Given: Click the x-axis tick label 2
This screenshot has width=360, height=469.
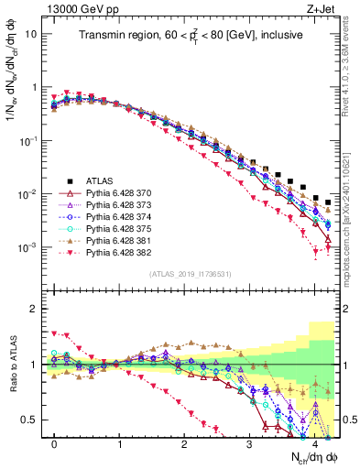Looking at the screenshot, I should tap(184, 444).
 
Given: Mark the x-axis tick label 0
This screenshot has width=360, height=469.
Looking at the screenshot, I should tap(55, 444).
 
